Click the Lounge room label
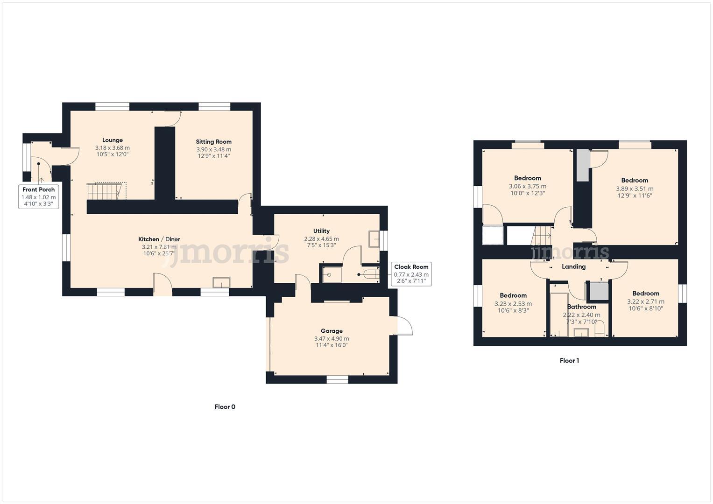(x=113, y=140)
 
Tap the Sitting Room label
(x=213, y=142)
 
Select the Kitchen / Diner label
(x=159, y=239)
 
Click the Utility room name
(x=321, y=231)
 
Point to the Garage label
(x=332, y=331)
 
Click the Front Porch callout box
(x=39, y=196)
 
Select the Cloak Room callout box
(x=411, y=274)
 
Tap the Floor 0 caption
(x=225, y=407)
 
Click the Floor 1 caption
(x=569, y=361)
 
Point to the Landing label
(x=573, y=267)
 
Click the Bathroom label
(x=581, y=307)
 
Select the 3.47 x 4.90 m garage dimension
(x=332, y=339)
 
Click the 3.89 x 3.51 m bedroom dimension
(x=635, y=189)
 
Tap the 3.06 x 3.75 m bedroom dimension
(x=528, y=186)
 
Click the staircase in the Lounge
(x=106, y=191)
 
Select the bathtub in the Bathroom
(x=558, y=315)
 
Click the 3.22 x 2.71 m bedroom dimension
(x=645, y=302)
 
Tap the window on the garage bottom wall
(x=337, y=379)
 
